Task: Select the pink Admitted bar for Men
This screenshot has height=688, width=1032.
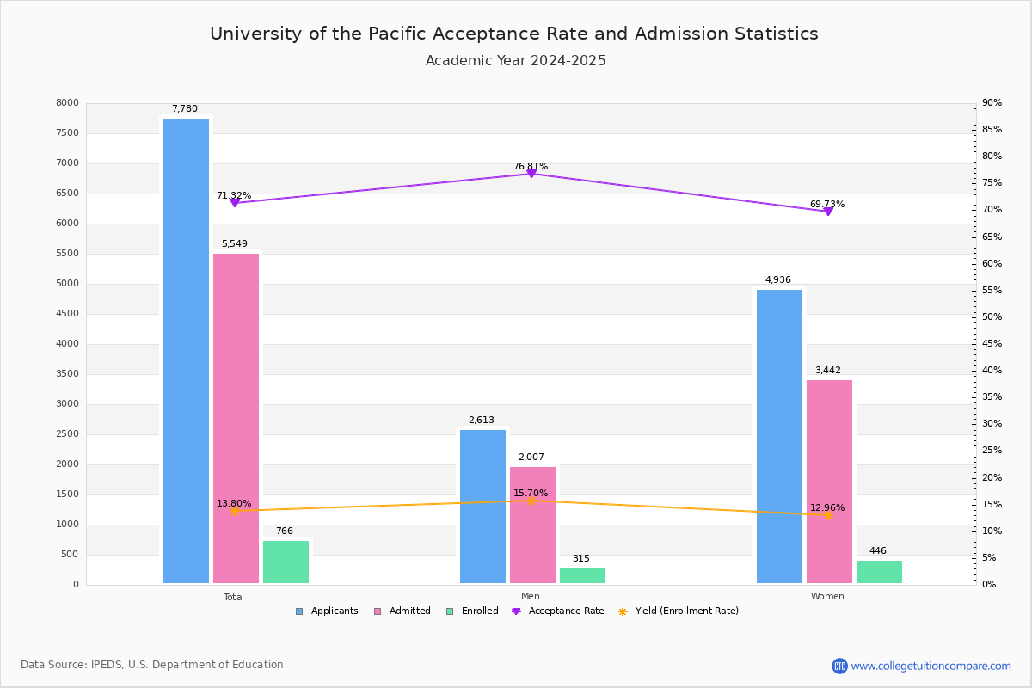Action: click(x=532, y=525)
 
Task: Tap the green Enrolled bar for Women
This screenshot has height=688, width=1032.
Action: click(x=879, y=572)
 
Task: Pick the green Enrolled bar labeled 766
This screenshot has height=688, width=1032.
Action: click(x=286, y=562)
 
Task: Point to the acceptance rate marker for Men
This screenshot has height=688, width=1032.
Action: click(x=531, y=174)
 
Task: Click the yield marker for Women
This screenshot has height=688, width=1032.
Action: click(x=827, y=515)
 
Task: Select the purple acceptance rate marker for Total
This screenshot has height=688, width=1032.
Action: click(x=234, y=203)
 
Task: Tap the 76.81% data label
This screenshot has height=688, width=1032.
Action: click(x=531, y=166)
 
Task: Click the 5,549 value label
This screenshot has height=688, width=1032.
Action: click(x=234, y=244)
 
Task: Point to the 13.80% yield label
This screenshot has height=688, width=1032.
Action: click(x=234, y=503)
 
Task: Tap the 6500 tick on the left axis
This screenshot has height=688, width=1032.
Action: click(x=67, y=193)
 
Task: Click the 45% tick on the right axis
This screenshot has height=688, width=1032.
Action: click(x=992, y=344)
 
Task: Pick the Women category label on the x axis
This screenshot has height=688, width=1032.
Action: click(x=827, y=597)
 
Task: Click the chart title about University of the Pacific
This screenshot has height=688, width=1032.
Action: click(x=514, y=34)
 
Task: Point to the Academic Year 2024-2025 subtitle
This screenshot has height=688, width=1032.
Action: click(x=516, y=61)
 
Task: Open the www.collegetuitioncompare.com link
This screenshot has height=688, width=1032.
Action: click(x=931, y=666)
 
